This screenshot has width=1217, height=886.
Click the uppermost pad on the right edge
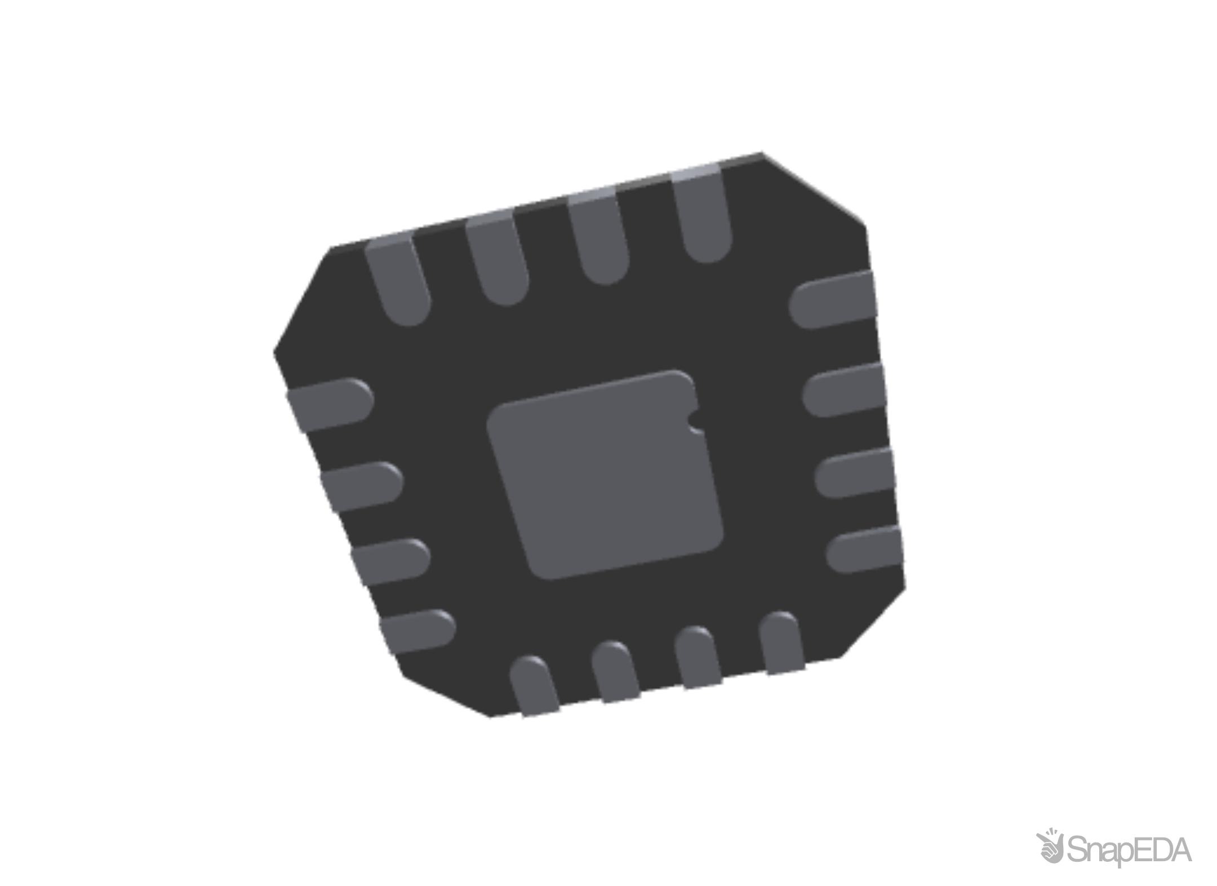click(x=834, y=298)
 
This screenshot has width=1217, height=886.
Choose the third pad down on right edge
click(x=855, y=471)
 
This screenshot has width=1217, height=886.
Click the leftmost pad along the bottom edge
click(x=536, y=688)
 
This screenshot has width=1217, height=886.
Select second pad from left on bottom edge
click(x=616, y=674)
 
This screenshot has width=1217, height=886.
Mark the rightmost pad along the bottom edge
click(x=783, y=643)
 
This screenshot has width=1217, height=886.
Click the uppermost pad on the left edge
click(x=330, y=404)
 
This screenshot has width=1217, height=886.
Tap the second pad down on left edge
click(x=361, y=486)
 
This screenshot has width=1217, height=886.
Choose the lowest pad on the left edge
click(x=417, y=631)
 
